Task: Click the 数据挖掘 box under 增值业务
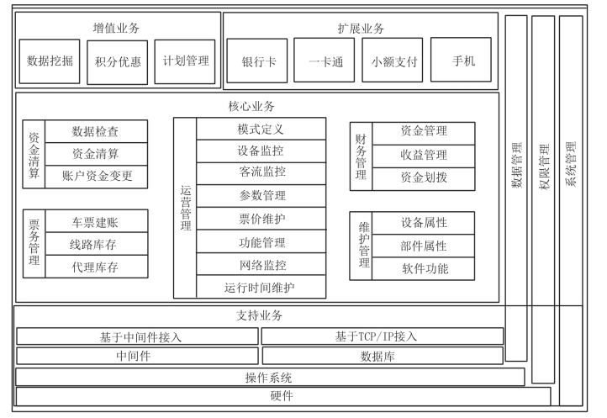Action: pyautogui.click(x=50, y=61)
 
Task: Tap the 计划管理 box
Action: pyautogui.click(x=185, y=61)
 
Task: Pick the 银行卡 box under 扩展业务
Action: pyautogui.click(x=256, y=61)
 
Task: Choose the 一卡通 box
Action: pyautogui.click(x=325, y=61)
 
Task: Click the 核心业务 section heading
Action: pyautogui.click(x=251, y=107)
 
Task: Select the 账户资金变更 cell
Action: pyautogui.click(x=98, y=177)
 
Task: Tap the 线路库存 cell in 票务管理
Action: pyautogui.click(x=94, y=245)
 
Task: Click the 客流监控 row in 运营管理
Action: pyautogui.click(x=261, y=172)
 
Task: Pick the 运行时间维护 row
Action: pyautogui.click(x=261, y=287)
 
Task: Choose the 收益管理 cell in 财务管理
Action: pyautogui.click(x=423, y=155)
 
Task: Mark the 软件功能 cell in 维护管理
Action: pyautogui.click(x=424, y=269)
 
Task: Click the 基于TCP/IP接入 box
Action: pyautogui.click(x=383, y=336)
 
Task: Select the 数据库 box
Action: pyautogui.click(x=383, y=356)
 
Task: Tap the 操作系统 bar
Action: pyautogui.click(x=269, y=377)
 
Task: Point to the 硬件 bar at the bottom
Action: pyautogui.click(x=282, y=396)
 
